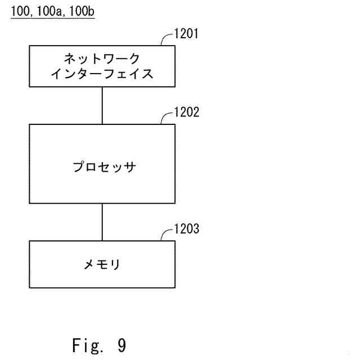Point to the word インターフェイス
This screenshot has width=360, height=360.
pos(102,75)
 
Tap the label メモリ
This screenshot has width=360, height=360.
pos(102,263)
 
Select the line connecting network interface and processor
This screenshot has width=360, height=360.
pos(102,105)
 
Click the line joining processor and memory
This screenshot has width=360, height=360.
pos(102,222)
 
